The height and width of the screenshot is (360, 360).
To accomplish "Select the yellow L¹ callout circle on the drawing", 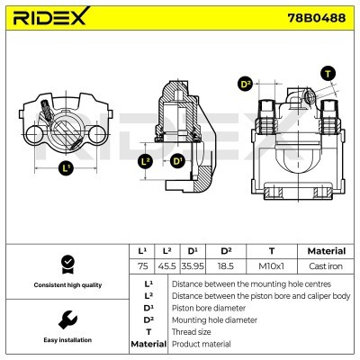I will point(66,169).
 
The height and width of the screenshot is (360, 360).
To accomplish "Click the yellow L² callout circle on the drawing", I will point(146,162).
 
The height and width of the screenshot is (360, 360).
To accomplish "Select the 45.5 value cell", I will point(166,267).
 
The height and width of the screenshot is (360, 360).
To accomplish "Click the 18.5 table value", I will point(227,267).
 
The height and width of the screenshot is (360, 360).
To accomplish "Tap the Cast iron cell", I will point(326,267).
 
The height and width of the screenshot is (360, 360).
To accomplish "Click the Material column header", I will point(326,251).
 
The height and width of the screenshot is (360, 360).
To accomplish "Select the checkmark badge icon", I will point(66,263).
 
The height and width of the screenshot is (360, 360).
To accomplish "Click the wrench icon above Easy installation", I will point(66,319).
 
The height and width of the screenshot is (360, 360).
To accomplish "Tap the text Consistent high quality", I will point(66,284).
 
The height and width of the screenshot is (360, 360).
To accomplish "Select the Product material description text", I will point(201,344).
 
